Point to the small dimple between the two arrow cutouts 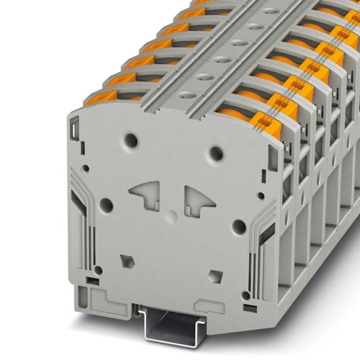169,215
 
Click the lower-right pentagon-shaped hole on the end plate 214,274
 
